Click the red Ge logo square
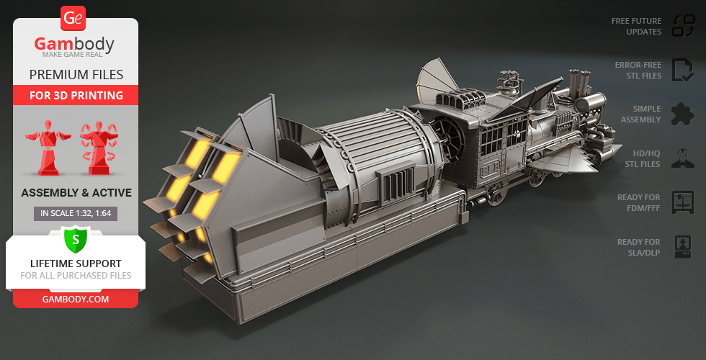73,19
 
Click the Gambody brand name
74,45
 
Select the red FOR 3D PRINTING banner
76,95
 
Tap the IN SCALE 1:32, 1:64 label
76,214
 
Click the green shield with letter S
76,239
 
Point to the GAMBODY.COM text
76,300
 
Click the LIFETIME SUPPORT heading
76,264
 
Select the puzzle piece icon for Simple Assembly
683,114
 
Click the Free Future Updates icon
684,26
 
